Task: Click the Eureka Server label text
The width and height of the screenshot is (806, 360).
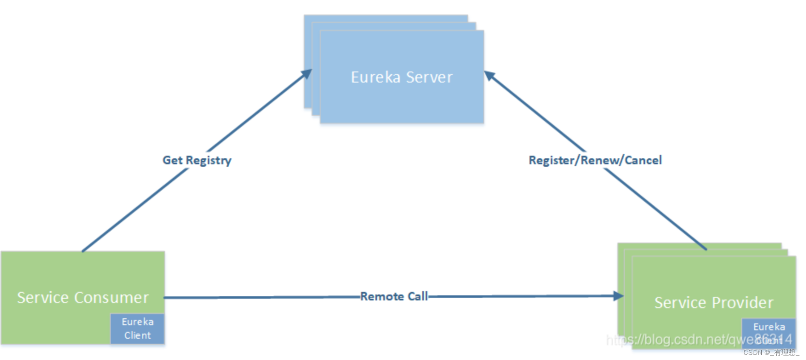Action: pyautogui.click(x=402, y=77)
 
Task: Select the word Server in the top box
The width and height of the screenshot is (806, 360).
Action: pyautogui.click(x=429, y=77)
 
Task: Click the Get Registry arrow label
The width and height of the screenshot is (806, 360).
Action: pyautogui.click(x=197, y=160)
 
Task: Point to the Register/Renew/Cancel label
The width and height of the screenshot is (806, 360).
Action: pyautogui.click(x=595, y=160)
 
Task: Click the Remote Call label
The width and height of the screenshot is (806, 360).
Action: pyautogui.click(x=394, y=296)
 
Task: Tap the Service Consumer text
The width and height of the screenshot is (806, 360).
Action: pyautogui.click(x=83, y=297)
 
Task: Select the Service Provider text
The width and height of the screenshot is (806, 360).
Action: pyautogui.click(x=714, y=303)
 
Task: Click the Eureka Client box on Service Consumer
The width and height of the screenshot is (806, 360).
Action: pyautogui.click(x=137, y=329)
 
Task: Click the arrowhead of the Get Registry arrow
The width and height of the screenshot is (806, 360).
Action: pyautogui.click(x=307, y=74)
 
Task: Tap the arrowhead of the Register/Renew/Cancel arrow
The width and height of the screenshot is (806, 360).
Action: pyautogui.click(x=489, y=75)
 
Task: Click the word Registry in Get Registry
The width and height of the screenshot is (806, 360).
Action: pyautogui.click(x=209, y=160)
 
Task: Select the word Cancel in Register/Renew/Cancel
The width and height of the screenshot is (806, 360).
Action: pyautogui.click(x=643, y=160)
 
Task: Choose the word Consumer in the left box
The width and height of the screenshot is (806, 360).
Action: pyautogui.click(x=111, y=297)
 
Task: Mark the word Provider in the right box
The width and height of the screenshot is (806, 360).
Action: pyautogui.click(x=743, y=303)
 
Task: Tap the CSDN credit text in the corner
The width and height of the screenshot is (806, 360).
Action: pyautogui.click(x=771, y=352)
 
